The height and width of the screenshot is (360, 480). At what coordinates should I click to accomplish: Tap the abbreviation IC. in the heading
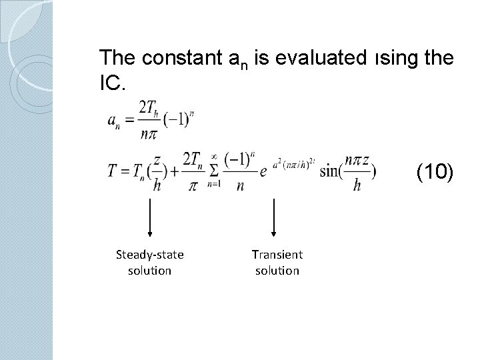click(109, 83)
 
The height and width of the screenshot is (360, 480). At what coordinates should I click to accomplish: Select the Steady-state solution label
click(149, 261)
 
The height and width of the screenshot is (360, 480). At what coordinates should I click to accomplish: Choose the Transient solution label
click(277, 261)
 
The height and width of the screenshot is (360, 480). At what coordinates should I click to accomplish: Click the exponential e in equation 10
click(264, 173)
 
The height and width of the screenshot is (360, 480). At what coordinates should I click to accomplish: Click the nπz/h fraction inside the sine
click(358, 172)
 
